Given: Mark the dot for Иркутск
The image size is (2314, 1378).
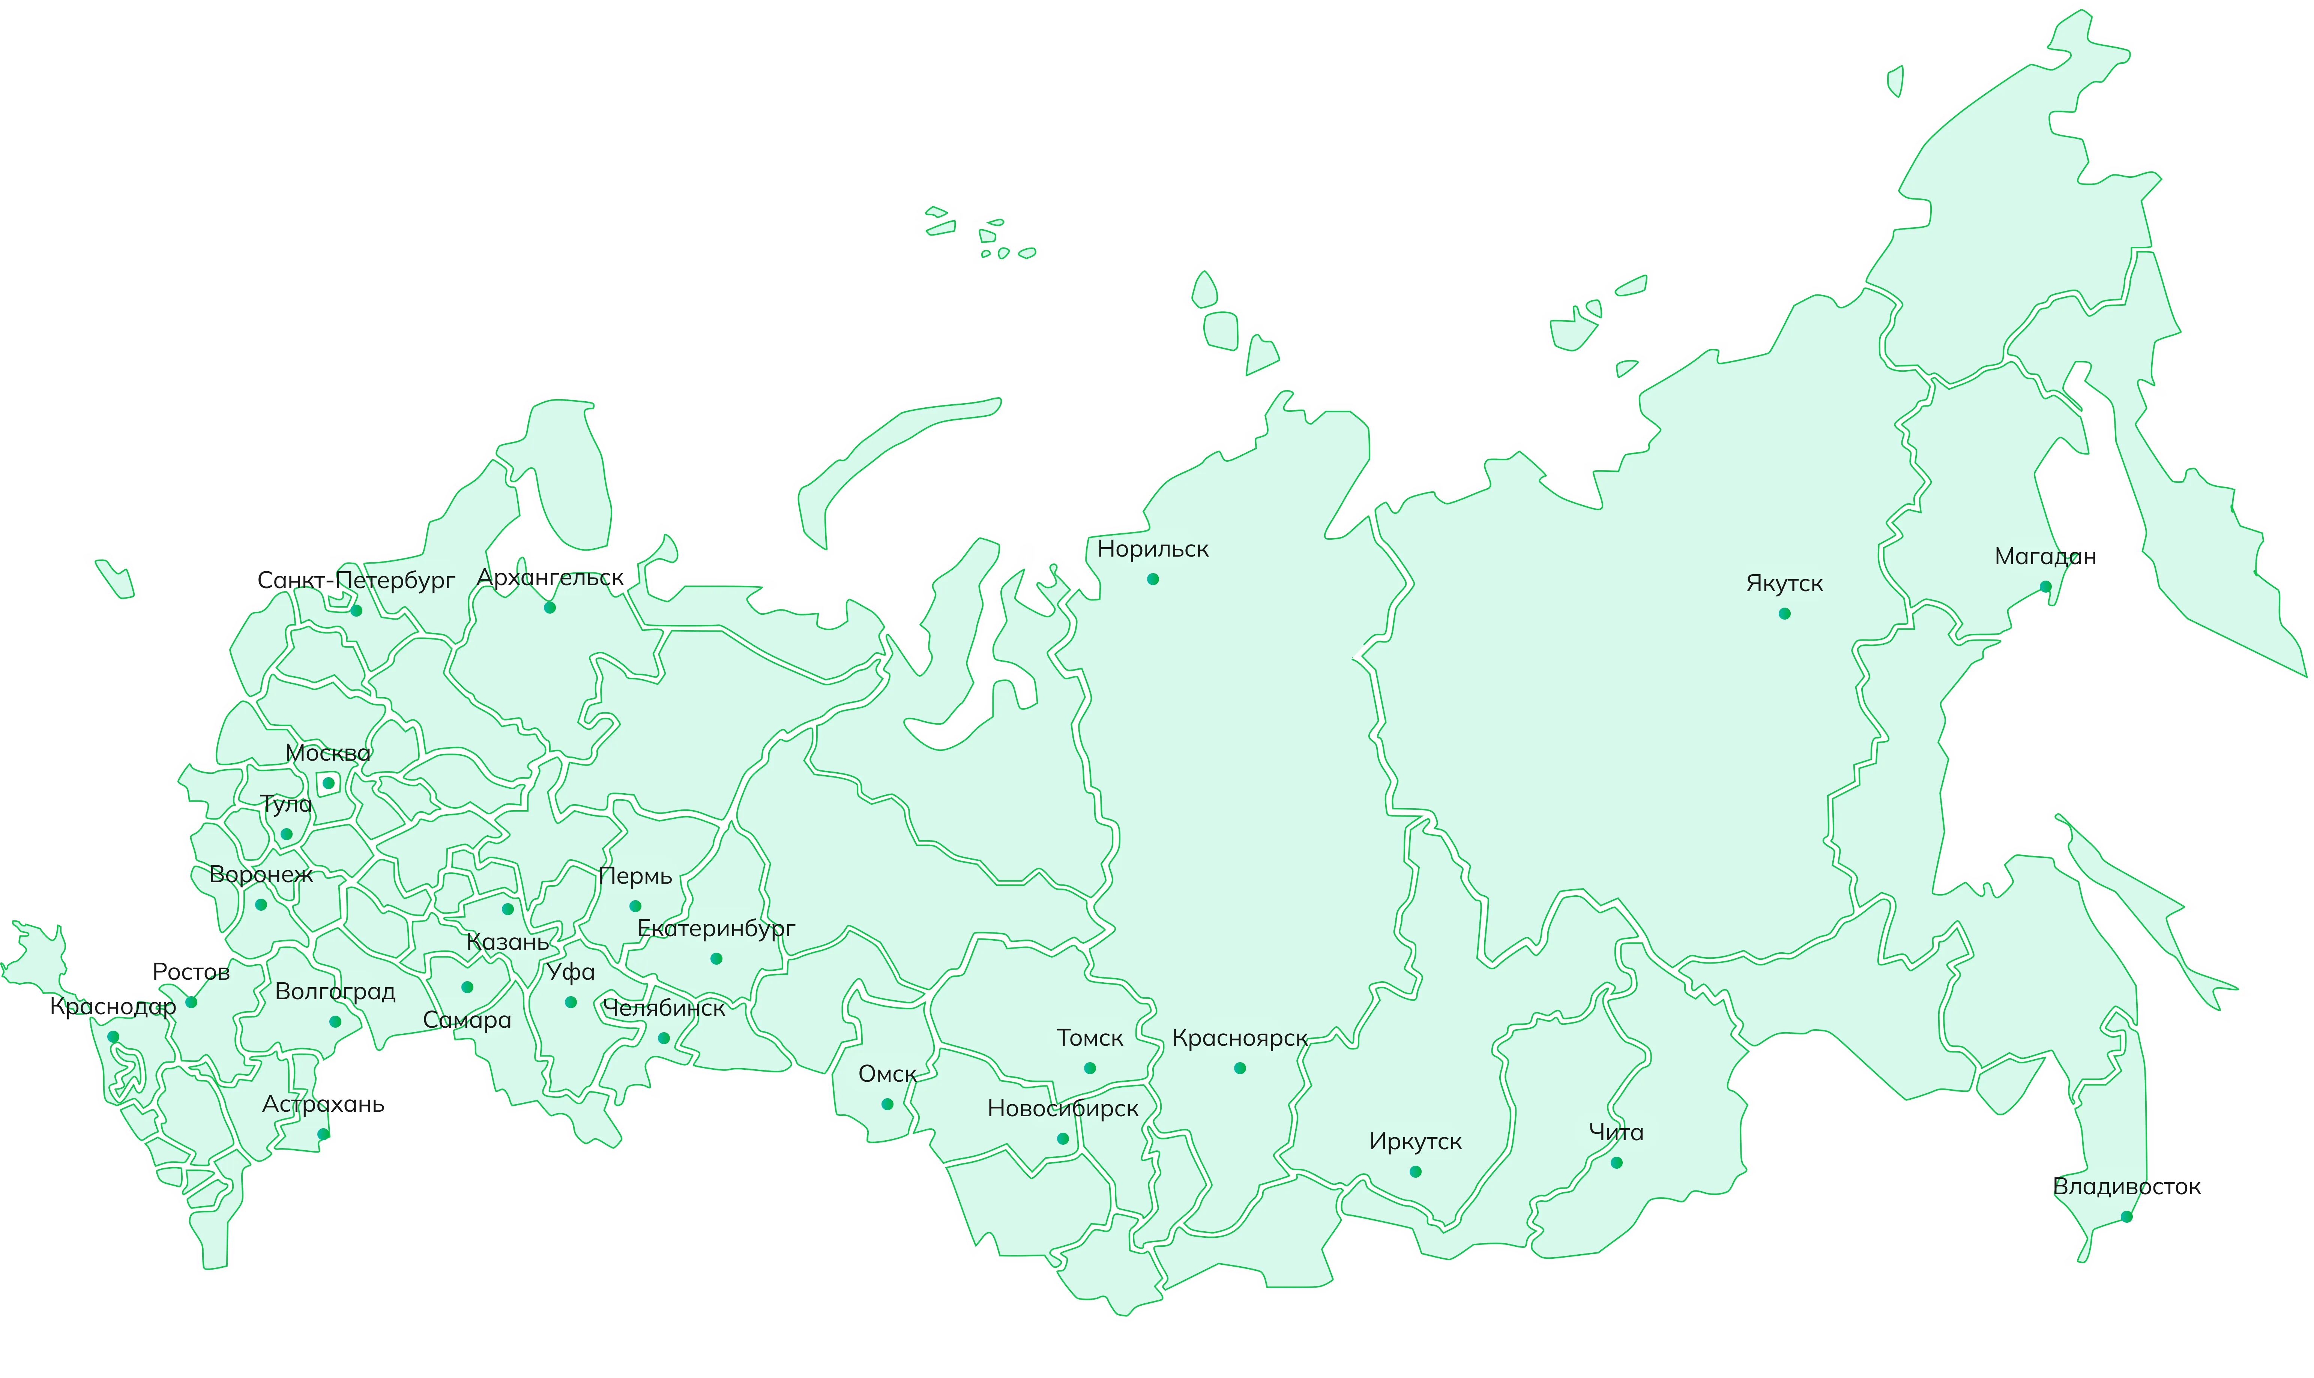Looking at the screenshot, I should (1415, 1172).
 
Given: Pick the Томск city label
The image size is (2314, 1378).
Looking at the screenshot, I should (1089, 1038).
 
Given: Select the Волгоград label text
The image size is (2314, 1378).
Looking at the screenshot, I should (335, 992).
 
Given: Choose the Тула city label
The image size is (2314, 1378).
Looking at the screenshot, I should (286, 804).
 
